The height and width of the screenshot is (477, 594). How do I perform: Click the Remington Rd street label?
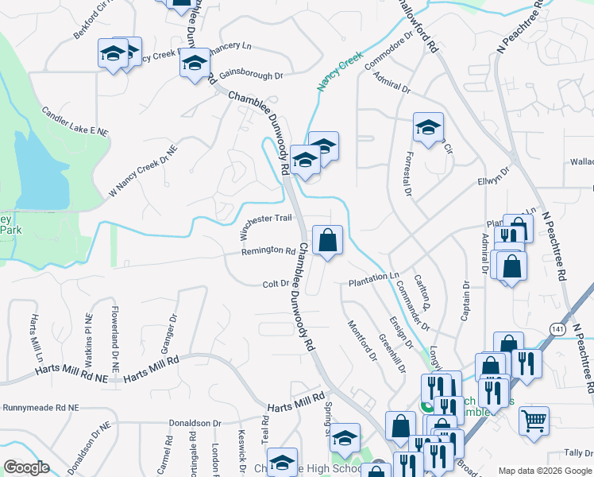coord(268,251)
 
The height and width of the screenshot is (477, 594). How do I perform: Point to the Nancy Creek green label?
coord(340,71)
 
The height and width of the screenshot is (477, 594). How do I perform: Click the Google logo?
coord(26,467)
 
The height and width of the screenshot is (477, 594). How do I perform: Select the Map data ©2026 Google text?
coord(544,471)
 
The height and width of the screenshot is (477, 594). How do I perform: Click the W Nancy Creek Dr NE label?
coord(144,171)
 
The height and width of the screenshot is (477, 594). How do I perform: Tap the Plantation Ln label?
coord(373,280)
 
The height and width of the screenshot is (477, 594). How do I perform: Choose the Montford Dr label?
coord(362,339)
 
